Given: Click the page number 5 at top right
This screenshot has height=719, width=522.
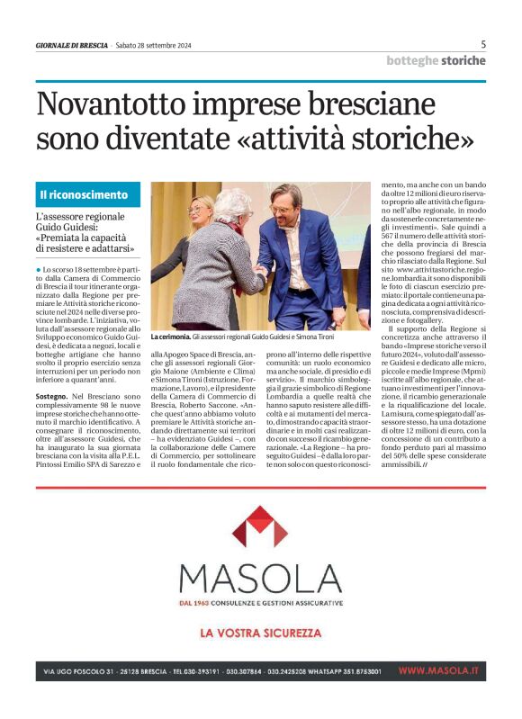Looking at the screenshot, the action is pyautogui.click(x=483, y=44).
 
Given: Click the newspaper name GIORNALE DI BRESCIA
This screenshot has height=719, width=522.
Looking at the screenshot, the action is pyautogui.click(x=71, y=45).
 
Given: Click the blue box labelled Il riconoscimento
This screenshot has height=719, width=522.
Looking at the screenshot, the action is pyautogui.click(x=88, y=194).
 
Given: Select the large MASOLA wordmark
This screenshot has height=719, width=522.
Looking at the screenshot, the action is pyautogui.click(x=260, y=578).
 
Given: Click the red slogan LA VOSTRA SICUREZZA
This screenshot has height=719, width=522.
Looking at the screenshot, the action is pyautogui.click(x=260, y=633).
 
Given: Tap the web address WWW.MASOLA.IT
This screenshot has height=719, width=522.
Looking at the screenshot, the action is pyautogui.click(x=438, y=671).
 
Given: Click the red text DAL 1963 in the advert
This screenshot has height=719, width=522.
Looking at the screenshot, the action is pyautogui.click(x=194, y=602).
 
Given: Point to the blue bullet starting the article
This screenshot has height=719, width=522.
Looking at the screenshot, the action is pyautogui.click(x=39, y=269).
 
